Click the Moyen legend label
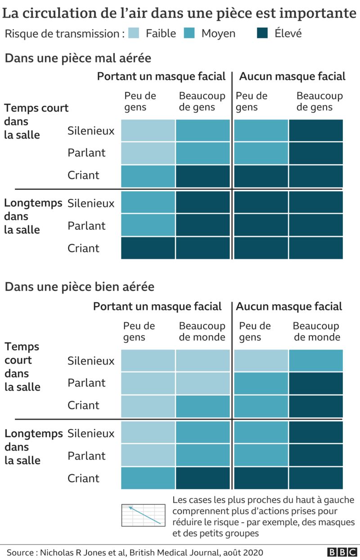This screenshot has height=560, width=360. tap(218, 33)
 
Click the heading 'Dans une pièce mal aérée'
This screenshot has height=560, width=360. tap(78, 58)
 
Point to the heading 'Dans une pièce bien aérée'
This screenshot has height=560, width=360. tap(79, 287)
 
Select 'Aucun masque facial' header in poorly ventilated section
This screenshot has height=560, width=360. tap(292, 76)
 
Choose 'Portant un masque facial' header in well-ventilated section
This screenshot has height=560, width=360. tap(157, 306)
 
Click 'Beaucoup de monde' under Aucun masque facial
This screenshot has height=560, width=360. tap(316, 332)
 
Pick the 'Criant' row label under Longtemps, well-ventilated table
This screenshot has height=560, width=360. tap(83, 478)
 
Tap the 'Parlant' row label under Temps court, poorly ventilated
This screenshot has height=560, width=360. tap(86, 153)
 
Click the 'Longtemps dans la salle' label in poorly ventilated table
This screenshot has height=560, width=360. tap(33, 216)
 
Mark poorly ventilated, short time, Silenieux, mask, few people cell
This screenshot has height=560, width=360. tap(148, 130)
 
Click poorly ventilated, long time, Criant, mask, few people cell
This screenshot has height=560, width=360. tap(148, 248)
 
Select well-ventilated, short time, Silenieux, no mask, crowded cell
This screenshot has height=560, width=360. tap(316, 360)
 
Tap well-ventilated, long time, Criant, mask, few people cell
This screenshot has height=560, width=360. tap(148, 478)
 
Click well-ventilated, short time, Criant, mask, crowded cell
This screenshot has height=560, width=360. tap(202, 406)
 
